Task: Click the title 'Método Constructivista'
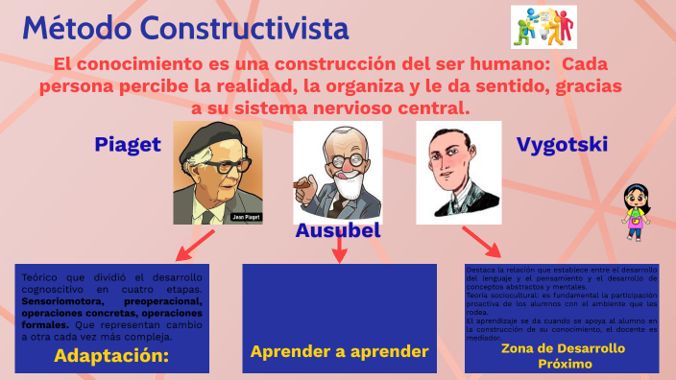tap(185, 29)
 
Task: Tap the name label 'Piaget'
tap(127, 145)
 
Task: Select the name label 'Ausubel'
tap(338, 231)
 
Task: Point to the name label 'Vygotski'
tap(563, 145)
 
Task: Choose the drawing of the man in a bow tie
tap(458, 170)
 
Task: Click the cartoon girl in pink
tap(633, 211)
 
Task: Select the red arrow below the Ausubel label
tap(339, 251)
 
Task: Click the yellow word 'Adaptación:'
tap(111, 355)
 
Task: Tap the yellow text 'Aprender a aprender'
tap(339, 351)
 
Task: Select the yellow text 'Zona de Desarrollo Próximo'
tap(562, 355)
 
